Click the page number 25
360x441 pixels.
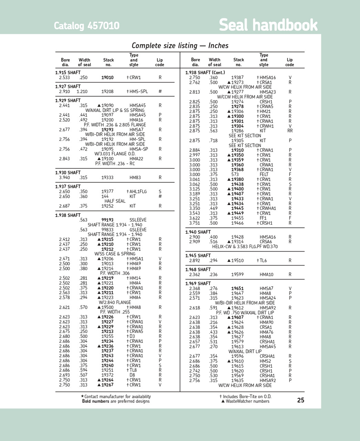(x=300, y=400)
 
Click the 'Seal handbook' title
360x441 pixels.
(x=268, y=25)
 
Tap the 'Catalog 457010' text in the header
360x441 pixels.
(x=86, y=26)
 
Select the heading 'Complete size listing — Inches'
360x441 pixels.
(x=180, y=45)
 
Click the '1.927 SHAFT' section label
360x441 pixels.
(x=68, y=86)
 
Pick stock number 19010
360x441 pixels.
(x=107, y=78)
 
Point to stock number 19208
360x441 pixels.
(x=107, y=92)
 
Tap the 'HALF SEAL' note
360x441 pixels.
(x=115, y=201)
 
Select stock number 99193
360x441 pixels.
(x=107, y=220)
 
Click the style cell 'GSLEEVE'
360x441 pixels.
(x=138, y=230)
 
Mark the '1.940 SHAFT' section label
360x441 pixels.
(x=198, y=232)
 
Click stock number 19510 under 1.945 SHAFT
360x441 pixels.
(x=237, y=260)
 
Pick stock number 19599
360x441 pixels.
(x=237, y=275)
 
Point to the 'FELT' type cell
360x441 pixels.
(x=264, y=174)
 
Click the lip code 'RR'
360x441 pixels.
(x=290, y=131)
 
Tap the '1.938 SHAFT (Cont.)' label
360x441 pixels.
(x=205, y=73)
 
